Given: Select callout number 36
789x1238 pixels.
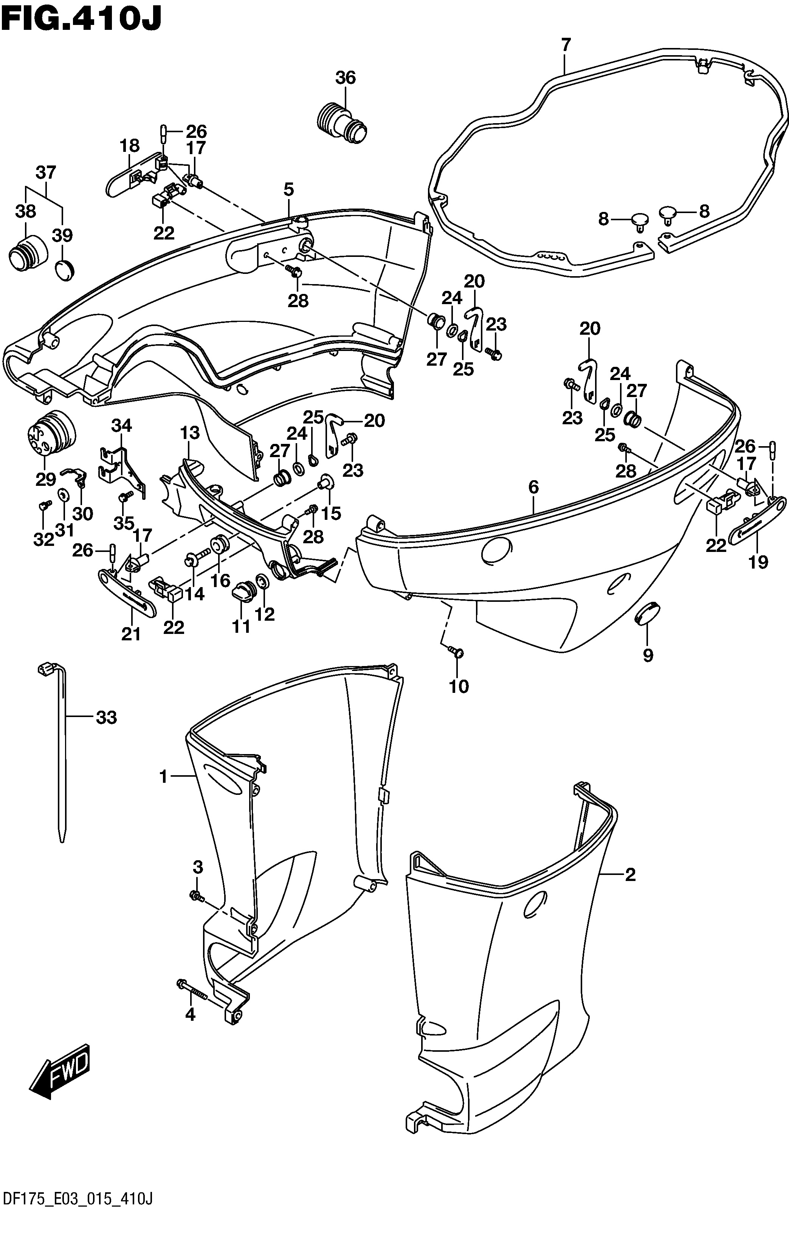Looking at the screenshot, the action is click(346, 78).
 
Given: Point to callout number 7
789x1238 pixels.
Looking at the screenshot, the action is click(566, 45).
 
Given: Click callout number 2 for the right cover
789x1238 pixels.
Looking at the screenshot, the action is click(631, 875).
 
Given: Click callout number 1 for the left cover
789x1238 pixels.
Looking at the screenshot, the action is click(164, 777).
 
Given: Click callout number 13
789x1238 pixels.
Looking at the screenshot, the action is click(189, 433).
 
